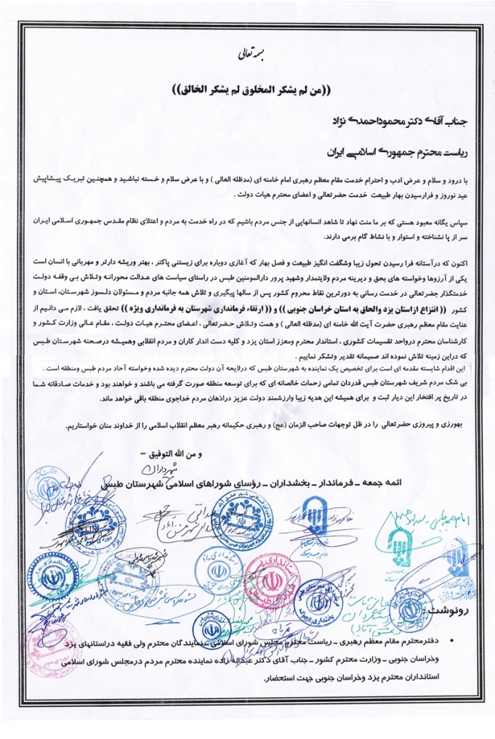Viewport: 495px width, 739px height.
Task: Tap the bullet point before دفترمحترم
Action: coord(452,639)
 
